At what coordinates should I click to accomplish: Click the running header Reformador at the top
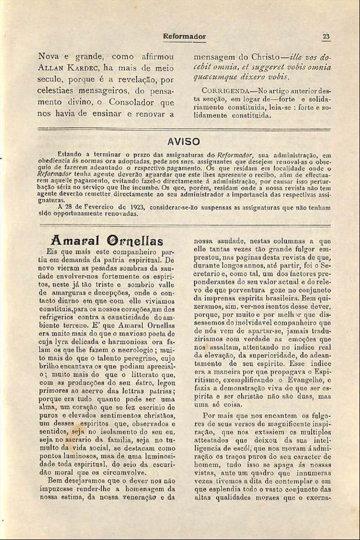(x=184, y=36)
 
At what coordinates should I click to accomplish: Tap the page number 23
(x=326, y=36)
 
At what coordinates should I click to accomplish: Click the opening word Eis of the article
(x=52, y=251)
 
